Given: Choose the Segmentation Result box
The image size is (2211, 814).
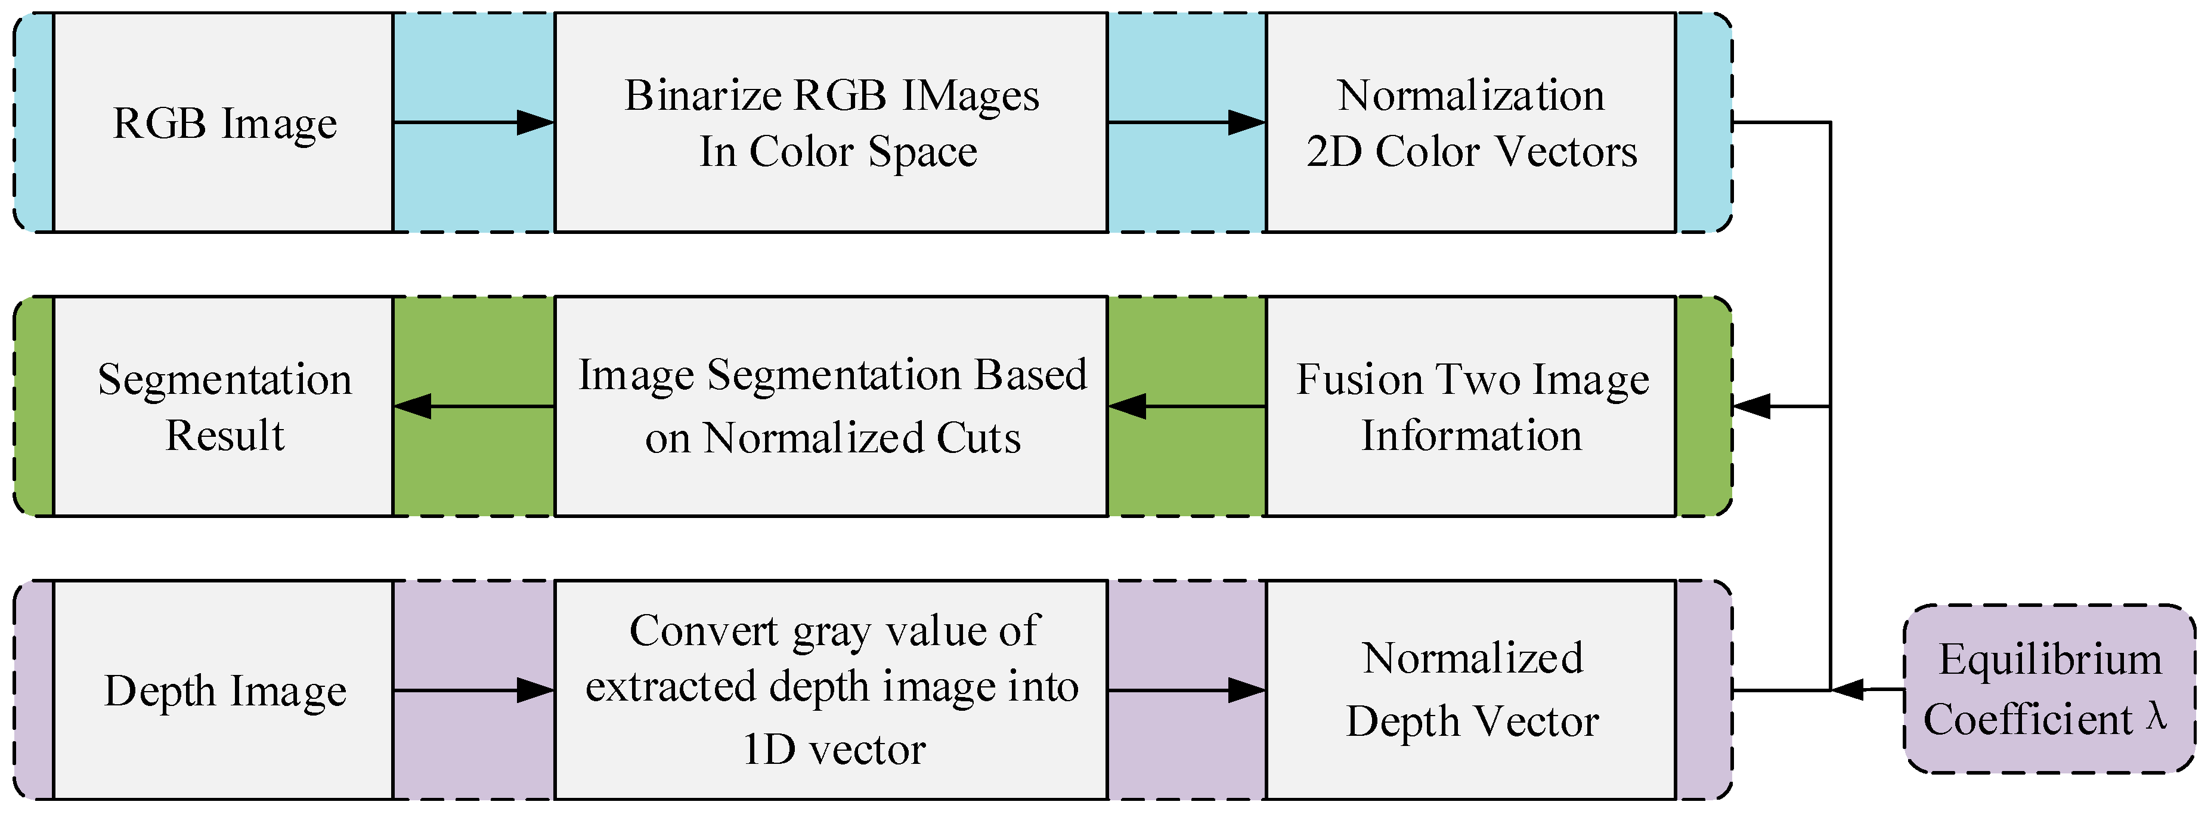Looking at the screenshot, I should click(x=223, y=406).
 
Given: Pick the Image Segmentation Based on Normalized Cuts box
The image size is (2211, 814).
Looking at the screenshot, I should click(x=831, y=406).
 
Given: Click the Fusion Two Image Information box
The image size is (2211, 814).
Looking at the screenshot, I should click(x=1470, y=406).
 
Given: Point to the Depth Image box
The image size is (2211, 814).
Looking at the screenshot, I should click(x=223, y=690).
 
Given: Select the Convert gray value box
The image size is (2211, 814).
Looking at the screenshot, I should click(x=831, y=690).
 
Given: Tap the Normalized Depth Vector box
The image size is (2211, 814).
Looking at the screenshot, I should click(x=1470, y=690).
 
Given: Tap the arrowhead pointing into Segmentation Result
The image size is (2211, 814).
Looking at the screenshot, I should click(x=413, y=406).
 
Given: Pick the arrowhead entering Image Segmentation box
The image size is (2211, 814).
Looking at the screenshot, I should click(x=1127, y=406).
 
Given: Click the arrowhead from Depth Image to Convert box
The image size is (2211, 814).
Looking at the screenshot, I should click(x=535, y=690).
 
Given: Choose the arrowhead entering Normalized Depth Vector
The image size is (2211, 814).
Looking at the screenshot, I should click(x=1247, y=690).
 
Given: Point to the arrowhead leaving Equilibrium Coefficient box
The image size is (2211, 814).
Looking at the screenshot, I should click(x=1847, y=689).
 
